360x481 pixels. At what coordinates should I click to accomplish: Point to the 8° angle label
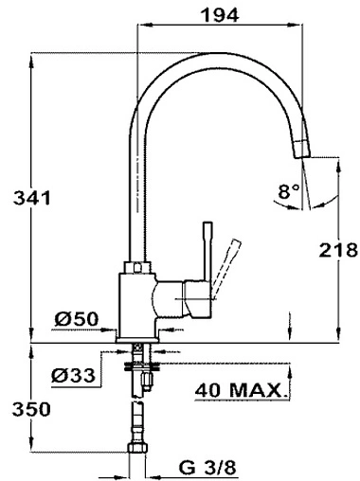(289, 189)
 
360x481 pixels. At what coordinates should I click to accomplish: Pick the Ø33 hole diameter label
(72, 376)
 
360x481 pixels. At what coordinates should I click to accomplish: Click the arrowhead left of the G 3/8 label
(157, 466)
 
